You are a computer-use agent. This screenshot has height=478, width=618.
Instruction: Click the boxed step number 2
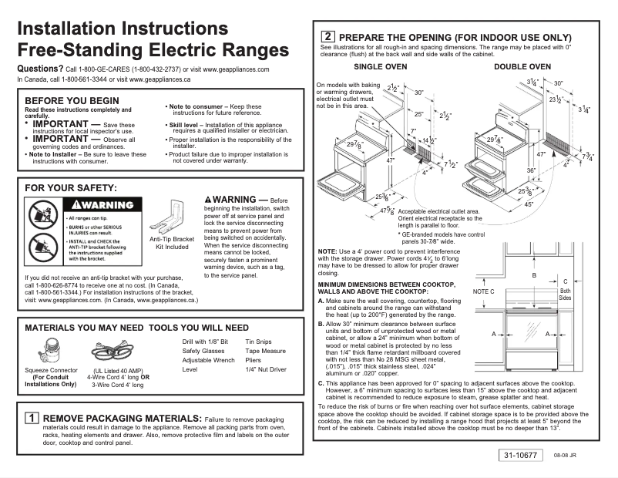point(327,36)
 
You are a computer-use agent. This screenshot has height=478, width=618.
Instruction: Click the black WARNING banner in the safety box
point(105,205)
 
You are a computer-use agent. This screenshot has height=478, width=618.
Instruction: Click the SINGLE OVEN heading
point(380,67)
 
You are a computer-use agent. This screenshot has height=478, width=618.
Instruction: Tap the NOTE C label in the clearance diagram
point(483,292)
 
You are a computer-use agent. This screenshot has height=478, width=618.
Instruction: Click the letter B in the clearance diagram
point(533,274)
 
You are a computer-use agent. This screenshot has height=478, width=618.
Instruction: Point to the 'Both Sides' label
point(565,293)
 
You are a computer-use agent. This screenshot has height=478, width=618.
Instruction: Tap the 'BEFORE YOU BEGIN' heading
point(72,100)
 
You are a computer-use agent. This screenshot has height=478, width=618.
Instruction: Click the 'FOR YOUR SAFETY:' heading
point(71,187)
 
